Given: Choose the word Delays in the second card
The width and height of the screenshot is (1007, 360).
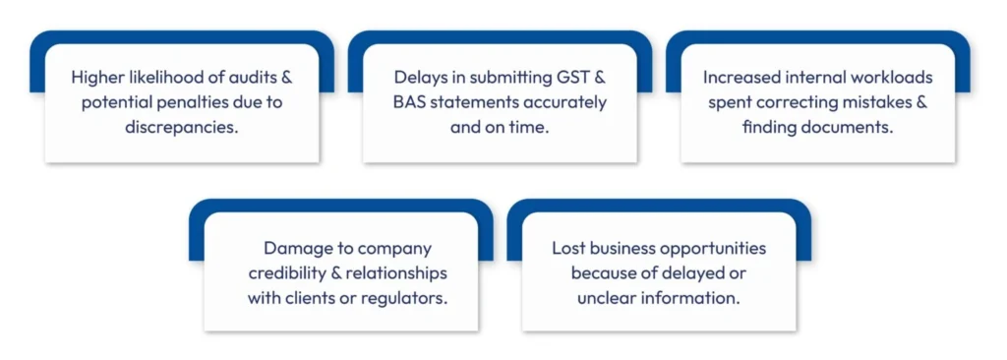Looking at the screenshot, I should click(420, 77).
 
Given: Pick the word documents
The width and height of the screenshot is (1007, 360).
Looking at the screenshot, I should click(845, 128).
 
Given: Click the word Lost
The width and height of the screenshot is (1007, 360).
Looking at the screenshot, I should click(568, 248).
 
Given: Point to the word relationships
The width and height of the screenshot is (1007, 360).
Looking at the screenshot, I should click(396, 272).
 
